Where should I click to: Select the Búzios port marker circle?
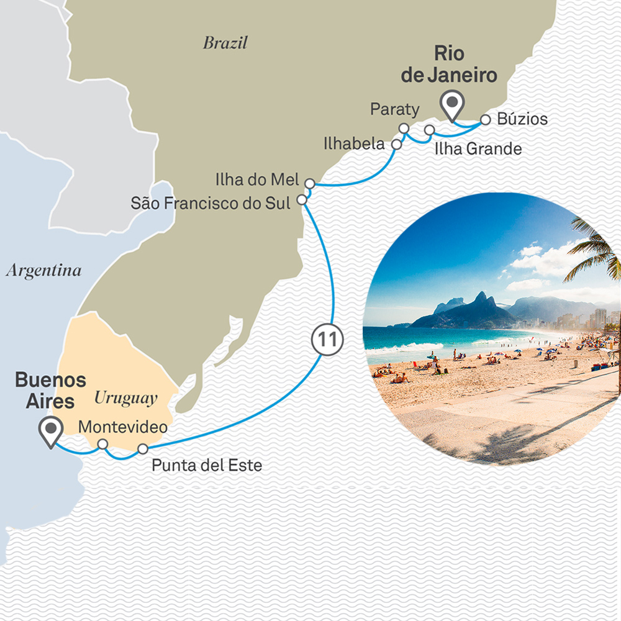tap(485, 119)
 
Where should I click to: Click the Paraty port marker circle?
tap(404, 129)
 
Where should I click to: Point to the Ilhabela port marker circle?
tap(396, 144)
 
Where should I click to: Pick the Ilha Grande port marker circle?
tap(429, 130)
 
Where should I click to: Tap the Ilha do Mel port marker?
tap(310, 183)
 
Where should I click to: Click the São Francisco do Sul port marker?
tap(302, 200)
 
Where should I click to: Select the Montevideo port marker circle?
tap(103, 444)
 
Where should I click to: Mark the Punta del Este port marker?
tap(143, 448)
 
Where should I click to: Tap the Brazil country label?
tap(225, 43)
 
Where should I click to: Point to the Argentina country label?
tap(43, 271)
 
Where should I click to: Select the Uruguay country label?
tap(125, 398)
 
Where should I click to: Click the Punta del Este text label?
tap(207, 465)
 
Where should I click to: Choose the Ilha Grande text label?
tap(478, 149)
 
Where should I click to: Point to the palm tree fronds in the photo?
tap(593, 248)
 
